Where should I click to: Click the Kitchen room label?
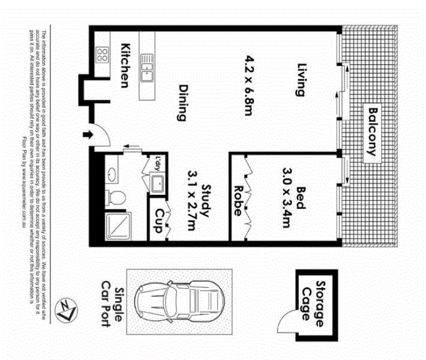pyautogui.click(x=125, y=65)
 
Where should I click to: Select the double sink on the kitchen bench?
pyautogui.click(x=146, y=67)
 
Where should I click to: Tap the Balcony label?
pyautogui.click(x=374, y=131)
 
